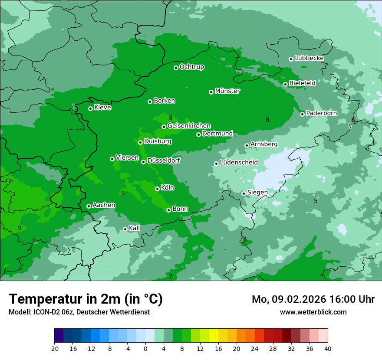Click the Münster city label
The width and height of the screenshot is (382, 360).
227,91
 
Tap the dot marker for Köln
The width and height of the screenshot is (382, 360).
157,189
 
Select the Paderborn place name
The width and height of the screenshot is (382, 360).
321,113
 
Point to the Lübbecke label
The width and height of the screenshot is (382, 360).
309,58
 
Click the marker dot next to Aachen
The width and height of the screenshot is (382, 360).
89,206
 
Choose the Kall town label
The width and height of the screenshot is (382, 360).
135,228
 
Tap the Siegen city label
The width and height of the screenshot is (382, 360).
257,193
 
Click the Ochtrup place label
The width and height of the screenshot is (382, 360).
191,67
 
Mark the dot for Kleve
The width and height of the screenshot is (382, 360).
90,108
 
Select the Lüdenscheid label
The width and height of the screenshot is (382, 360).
239,163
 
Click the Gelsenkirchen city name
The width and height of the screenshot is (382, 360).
189,126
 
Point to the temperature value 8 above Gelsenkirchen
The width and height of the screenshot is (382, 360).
171,118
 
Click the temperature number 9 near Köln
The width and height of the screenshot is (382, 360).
123,193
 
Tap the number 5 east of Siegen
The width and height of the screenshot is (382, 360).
316,201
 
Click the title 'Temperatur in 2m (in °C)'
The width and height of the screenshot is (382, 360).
86,299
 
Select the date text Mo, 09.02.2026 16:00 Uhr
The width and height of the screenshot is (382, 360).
313,299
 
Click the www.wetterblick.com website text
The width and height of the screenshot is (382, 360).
313,312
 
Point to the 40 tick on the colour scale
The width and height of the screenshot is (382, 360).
327,348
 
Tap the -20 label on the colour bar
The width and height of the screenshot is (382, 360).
54,348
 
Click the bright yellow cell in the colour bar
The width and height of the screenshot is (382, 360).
214,336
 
